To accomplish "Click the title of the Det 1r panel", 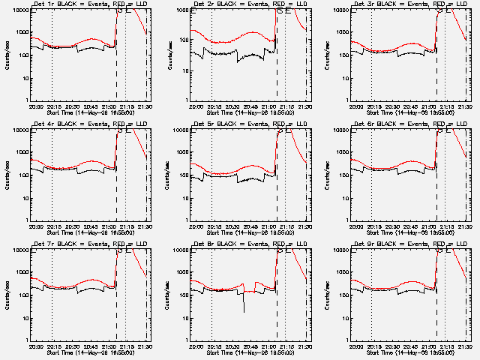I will (83, 4).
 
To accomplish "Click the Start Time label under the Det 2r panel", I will (244, 113).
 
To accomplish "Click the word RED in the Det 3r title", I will (432, 4).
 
